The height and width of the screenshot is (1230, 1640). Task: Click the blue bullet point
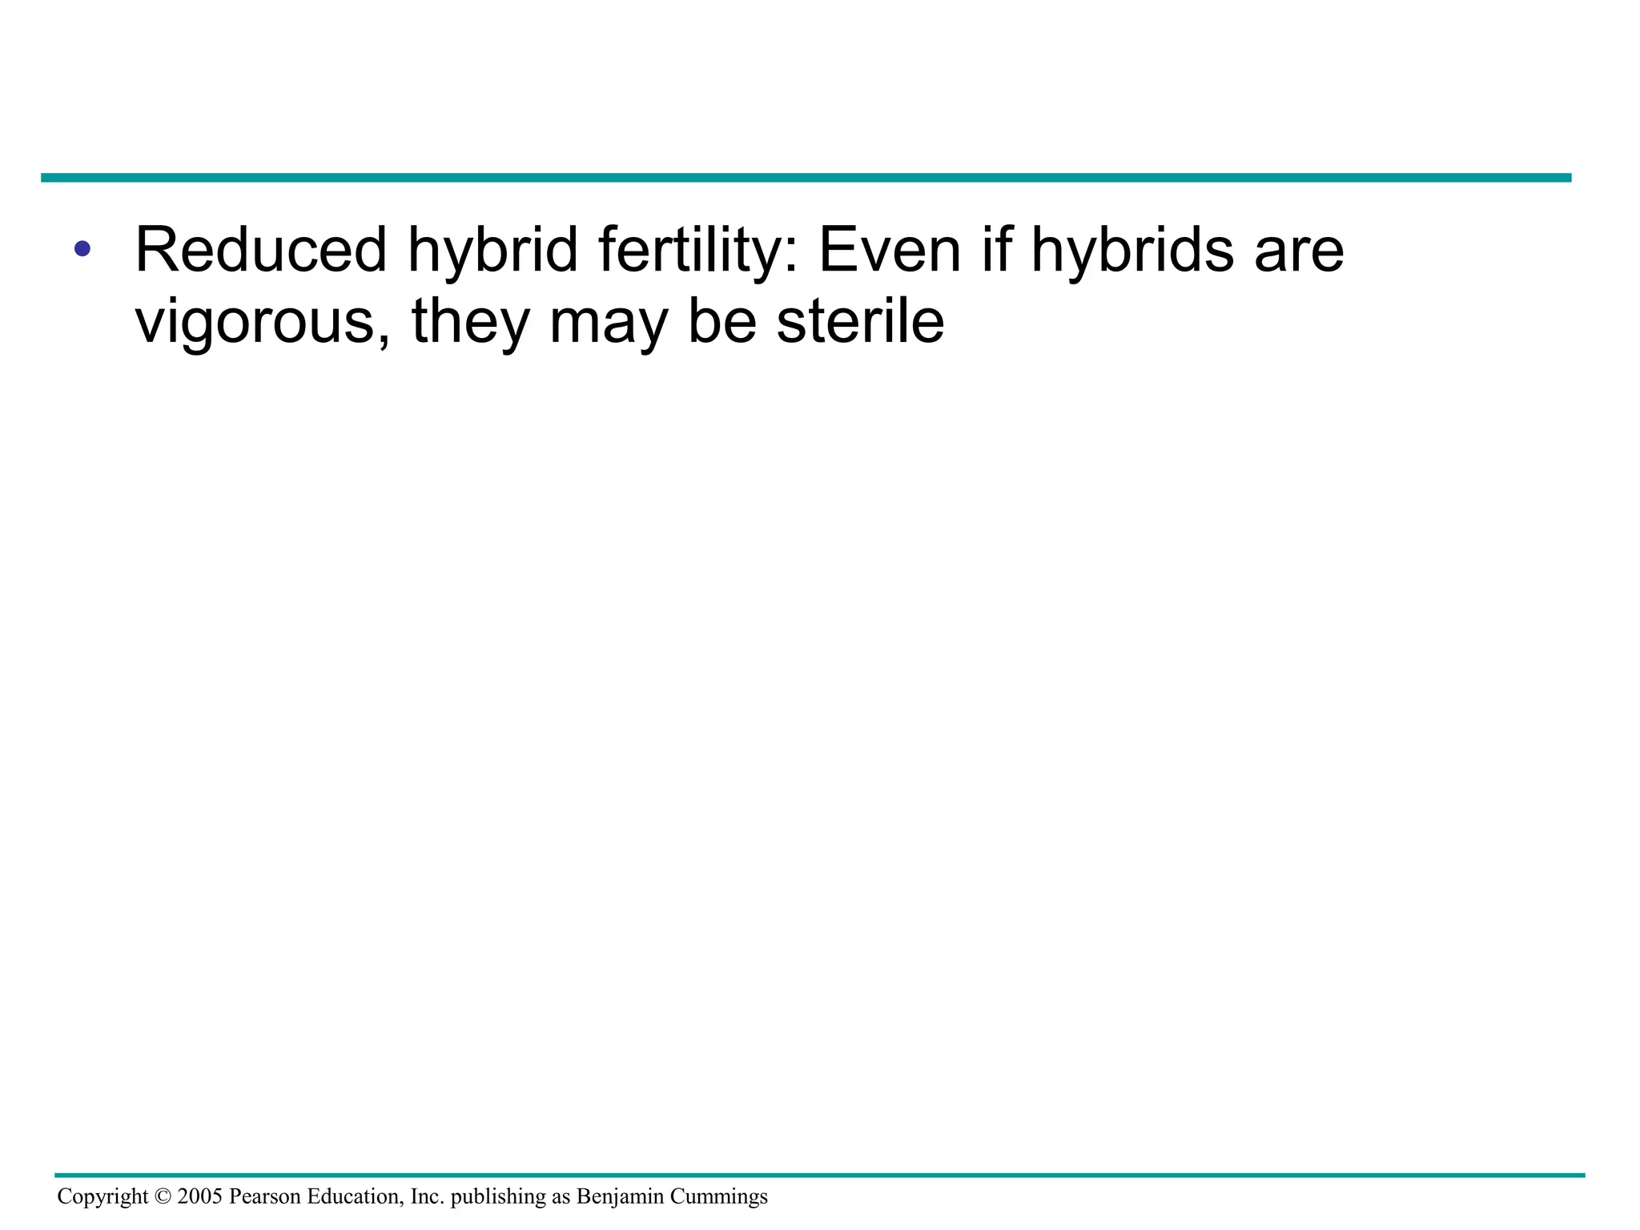82,249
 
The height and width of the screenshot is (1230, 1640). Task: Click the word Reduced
261,249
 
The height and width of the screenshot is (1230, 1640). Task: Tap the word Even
889,249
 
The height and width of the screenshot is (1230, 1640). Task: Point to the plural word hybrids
1132,251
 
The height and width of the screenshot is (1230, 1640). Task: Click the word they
471,322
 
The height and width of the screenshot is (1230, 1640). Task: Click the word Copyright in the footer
102,1196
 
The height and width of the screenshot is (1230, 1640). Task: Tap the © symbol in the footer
163,1196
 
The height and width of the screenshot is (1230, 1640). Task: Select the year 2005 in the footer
199,1196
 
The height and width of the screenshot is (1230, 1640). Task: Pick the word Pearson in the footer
265,1196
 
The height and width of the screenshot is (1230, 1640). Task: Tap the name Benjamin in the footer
620,1197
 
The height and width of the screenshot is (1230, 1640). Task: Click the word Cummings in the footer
718,1197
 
